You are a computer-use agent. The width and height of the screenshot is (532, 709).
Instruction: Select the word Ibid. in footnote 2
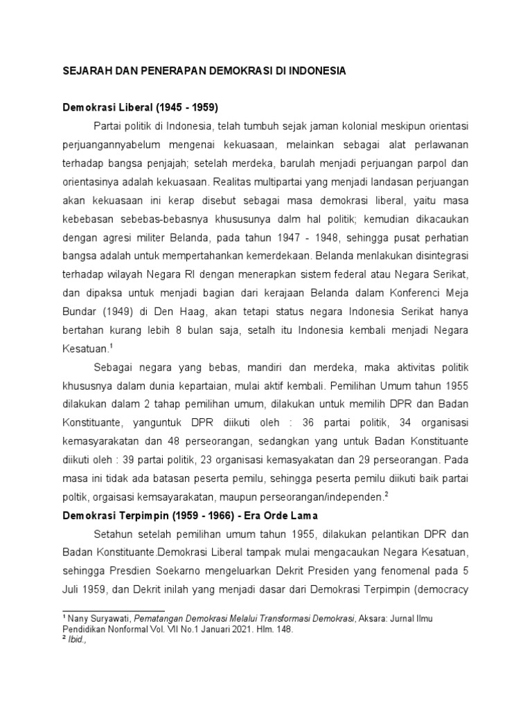pos(76,641)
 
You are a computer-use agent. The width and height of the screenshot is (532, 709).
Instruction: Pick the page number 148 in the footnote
pos(283,629)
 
